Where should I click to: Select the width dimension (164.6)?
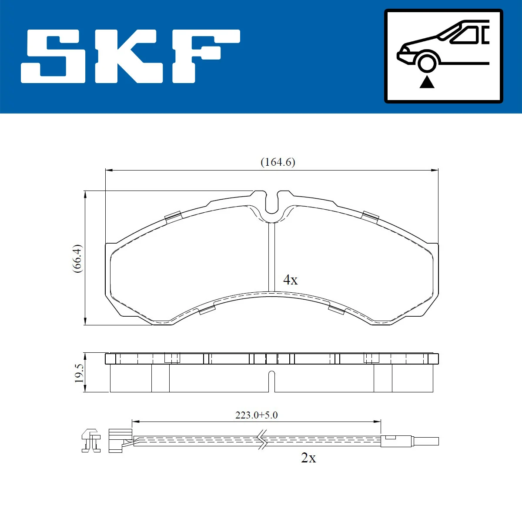pos(278,162)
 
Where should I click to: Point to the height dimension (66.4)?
pos(77,258)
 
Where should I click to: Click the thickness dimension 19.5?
pos(79,373)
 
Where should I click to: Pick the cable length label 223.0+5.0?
pos(256,415)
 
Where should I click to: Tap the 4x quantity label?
pos(290,280)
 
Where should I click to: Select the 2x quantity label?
pos(308,458)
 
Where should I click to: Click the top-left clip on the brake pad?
pos(173,216)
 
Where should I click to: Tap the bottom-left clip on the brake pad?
pos(207,310)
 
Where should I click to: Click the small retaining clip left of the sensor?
pos(91,440)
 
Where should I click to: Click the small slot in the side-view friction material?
pos(272,381)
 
